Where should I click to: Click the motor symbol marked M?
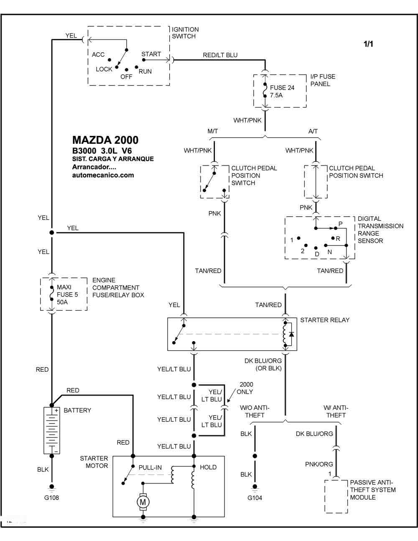143,502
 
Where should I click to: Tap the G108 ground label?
51,498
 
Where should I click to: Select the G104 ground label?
255,498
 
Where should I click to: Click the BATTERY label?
77,410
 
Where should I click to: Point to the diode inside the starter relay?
291,334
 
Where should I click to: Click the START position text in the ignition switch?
151,54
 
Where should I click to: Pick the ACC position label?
98,54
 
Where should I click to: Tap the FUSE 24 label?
282,88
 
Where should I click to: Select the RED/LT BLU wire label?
220,55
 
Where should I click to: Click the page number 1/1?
368,44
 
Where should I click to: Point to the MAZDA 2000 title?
105,140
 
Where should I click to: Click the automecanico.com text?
103,175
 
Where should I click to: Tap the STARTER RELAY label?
325,320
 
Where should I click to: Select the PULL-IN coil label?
150,467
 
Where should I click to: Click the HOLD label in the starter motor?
208,467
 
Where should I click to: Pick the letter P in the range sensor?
340,224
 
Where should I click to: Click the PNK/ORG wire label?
319,464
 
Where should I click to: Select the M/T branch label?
213,131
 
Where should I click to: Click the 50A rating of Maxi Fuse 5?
62,302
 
